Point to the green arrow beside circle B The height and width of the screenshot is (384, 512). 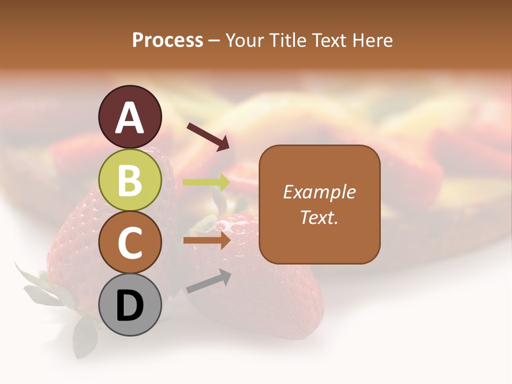point(206,182)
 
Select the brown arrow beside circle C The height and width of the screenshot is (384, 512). point(206,241)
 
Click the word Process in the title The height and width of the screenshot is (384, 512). point(167,41)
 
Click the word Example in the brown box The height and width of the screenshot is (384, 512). point(319,192)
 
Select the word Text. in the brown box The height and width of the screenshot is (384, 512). point(319,217)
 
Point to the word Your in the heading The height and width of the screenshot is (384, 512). point(246,41)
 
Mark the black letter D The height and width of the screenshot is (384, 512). point(130,306)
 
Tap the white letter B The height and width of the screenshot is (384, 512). point(130,180)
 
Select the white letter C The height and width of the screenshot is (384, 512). point(130,243)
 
